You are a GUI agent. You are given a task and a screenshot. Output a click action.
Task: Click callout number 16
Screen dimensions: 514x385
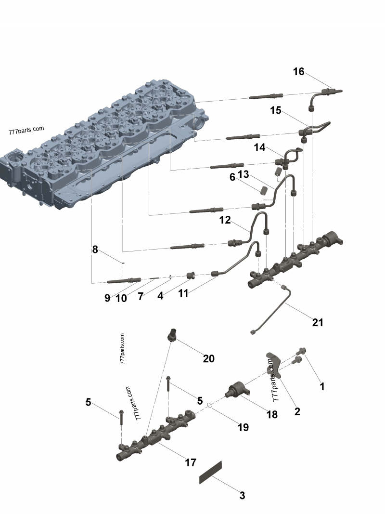(298, 72)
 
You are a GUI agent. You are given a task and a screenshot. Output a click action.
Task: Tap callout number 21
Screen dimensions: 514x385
(318, 322)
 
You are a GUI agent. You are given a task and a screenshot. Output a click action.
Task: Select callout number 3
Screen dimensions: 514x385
(242, 495)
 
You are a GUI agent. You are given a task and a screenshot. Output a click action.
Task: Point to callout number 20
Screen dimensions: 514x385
(208, 358)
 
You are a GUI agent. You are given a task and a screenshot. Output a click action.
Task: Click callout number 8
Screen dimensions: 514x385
(95, 250)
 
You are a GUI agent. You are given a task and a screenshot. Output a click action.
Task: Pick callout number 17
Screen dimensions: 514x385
(191, 462)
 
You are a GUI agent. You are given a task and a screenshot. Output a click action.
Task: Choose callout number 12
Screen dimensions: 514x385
(225, 220)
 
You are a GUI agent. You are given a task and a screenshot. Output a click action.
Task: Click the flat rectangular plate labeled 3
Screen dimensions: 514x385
(211, 472)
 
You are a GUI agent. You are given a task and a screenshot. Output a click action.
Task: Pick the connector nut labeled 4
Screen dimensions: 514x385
(191, 276)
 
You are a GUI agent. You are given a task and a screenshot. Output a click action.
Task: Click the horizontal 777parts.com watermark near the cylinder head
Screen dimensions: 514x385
(26, 131)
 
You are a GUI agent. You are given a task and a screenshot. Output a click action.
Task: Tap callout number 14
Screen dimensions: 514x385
(260, 147)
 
